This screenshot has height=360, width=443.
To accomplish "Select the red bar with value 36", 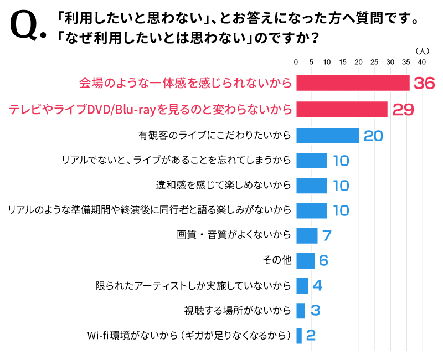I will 353,83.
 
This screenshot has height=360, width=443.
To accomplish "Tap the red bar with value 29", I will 342,109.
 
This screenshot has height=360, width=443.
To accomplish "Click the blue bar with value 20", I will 328,135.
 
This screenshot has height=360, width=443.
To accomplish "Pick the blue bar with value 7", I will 307,235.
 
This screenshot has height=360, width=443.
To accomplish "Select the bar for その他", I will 305,260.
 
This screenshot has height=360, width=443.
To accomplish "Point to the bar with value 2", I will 299,336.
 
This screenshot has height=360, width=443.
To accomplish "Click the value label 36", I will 424,83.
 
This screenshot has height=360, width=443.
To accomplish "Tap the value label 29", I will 403,109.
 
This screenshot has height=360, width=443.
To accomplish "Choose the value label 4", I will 317,286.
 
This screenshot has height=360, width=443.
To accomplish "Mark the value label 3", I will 315,311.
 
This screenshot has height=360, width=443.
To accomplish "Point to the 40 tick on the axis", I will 421,61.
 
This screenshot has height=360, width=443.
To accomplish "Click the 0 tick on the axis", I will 296,61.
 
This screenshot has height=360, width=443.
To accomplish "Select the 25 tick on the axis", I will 374,61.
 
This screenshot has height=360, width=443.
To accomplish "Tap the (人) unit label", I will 421,50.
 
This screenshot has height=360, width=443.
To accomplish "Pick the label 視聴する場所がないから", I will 237,311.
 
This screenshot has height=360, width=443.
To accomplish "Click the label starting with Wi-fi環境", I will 189,336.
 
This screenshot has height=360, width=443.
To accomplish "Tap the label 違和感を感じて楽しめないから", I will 224,185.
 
